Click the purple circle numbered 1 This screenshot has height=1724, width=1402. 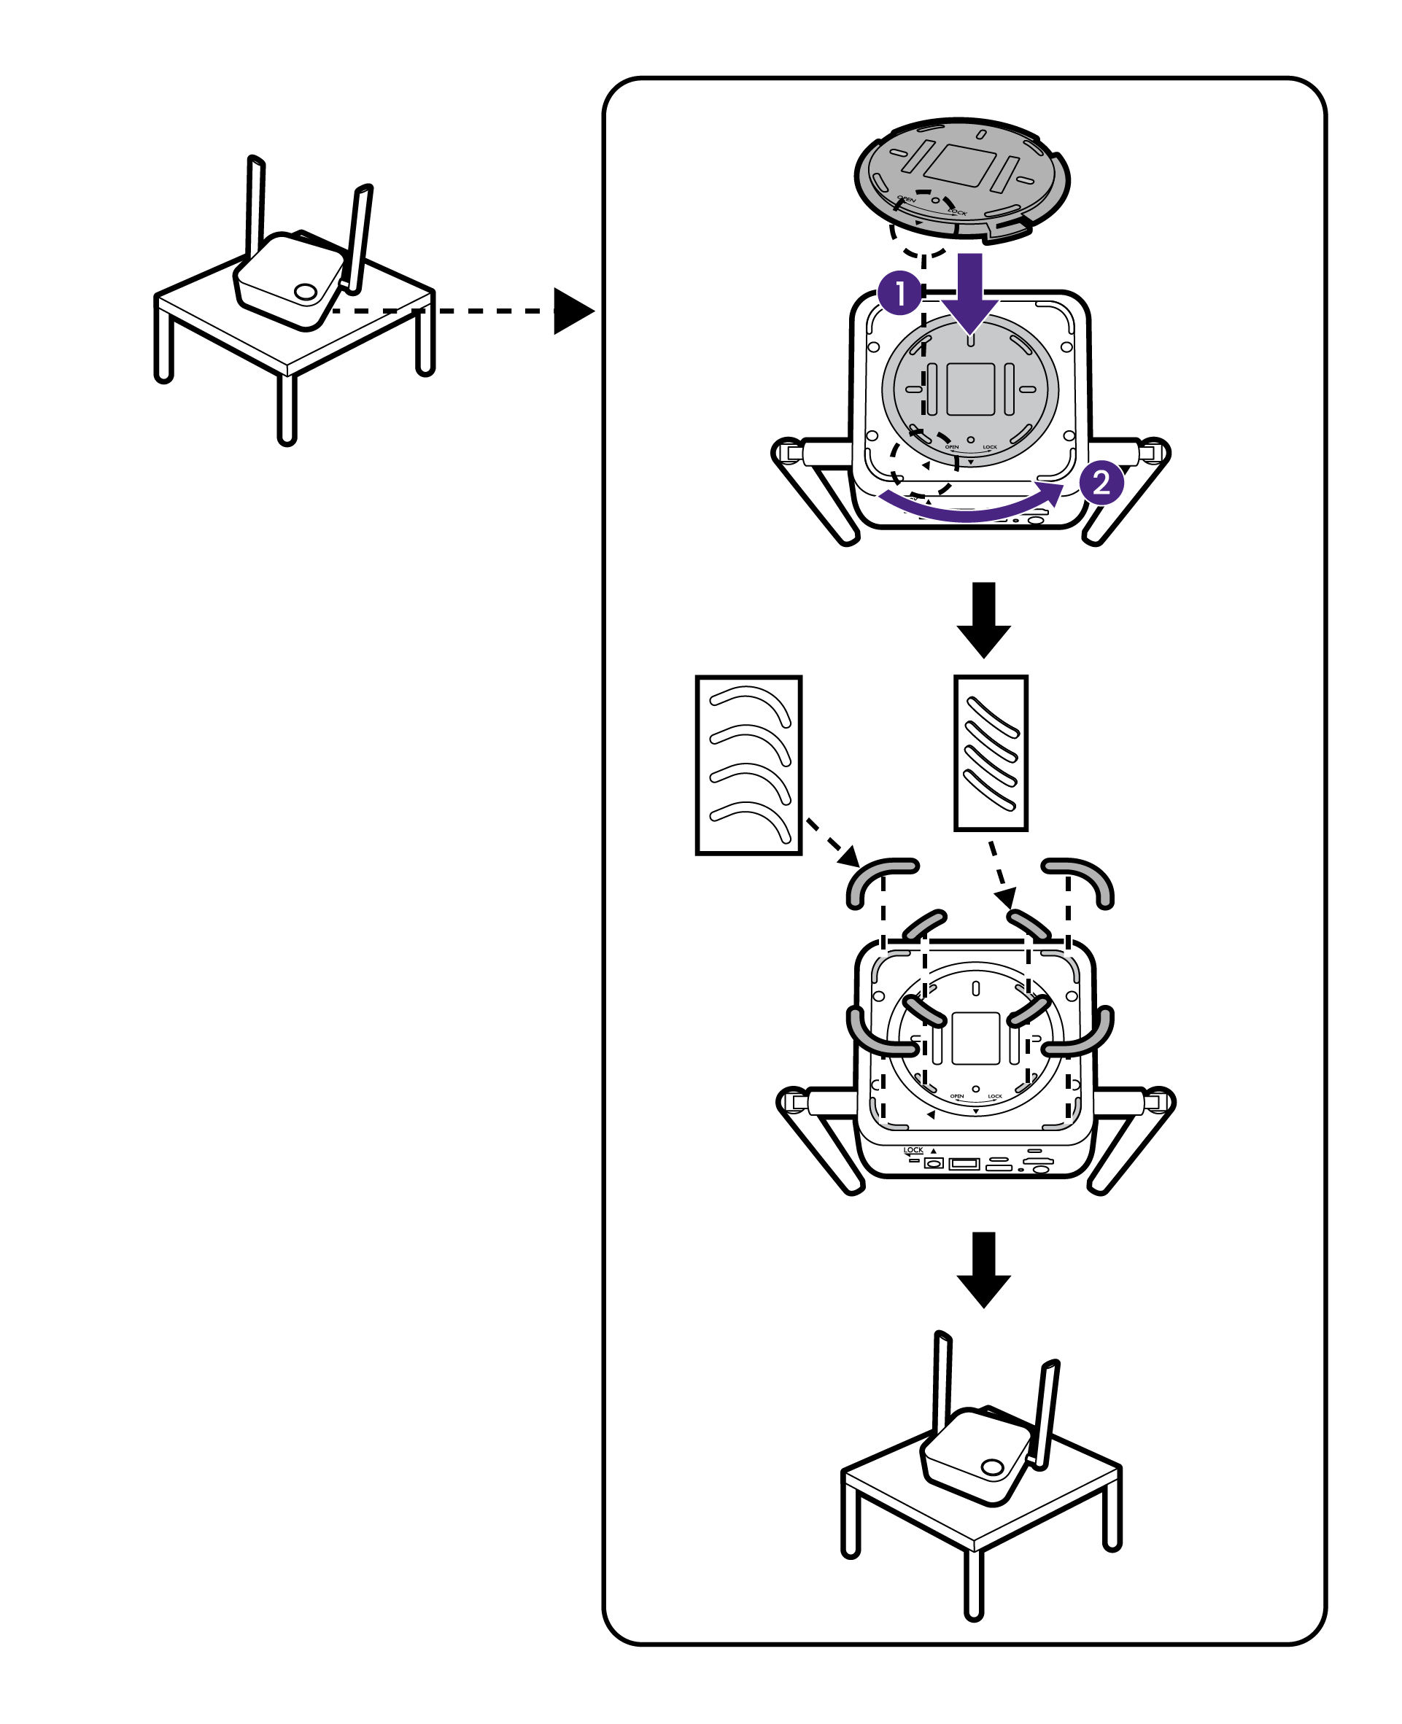[899, 293]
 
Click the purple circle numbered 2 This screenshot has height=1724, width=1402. [1101, 483]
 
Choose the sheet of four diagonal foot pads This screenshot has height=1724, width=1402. [990, 753]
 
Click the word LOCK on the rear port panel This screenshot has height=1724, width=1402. [913, 1150]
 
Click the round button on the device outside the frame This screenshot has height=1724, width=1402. [305, 292]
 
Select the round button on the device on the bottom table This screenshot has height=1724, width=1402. [992, 1467]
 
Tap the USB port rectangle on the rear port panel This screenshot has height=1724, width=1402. [964, 1164]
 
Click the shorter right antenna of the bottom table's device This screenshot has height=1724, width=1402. [1047, 1413]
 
